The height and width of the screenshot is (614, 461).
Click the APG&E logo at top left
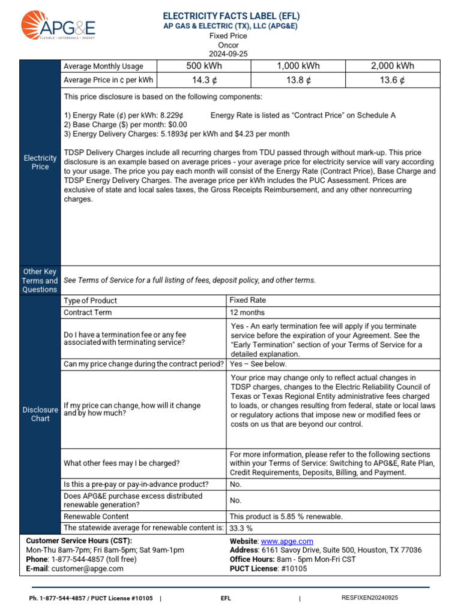[x=58, y=26]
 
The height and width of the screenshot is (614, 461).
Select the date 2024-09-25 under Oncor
[x=227, y=54]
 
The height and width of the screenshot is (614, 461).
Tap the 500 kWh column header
[x=203, y=67]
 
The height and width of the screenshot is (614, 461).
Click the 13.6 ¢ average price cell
[x=393, y=80]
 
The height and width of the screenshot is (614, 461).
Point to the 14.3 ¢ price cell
[x=203, y=80]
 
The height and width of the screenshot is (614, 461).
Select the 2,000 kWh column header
[x=393, y=67]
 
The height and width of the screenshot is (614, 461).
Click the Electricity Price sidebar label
[x=40, y=162]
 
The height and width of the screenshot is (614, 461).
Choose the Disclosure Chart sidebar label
[x=40, y=414]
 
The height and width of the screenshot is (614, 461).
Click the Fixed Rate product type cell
[x=248, y=300]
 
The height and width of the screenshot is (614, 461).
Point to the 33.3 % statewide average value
[x=241, y=528]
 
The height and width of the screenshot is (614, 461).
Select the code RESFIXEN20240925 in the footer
[x=369, y=598]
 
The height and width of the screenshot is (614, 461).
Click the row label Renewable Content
[x=96, y=516]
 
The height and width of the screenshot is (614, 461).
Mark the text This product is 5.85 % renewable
[x=286, y=516]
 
